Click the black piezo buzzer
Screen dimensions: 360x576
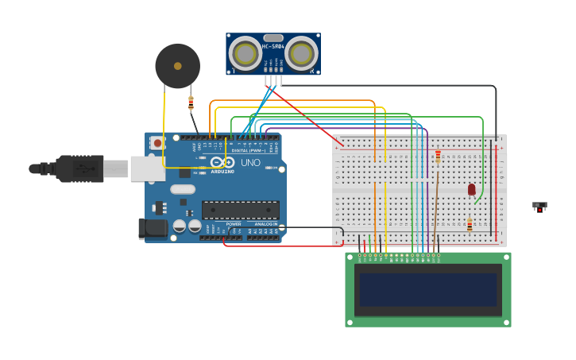point(177,66)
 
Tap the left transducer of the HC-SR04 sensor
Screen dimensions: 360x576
point(245,54)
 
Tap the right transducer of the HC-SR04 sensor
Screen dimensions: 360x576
point(301,54)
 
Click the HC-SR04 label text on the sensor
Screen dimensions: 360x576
point(273,47)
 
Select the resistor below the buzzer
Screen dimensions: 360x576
point(191,103)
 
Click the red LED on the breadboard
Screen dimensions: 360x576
point(471,189)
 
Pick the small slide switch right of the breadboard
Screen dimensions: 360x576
point(539,206)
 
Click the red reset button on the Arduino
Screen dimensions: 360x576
point(157,143)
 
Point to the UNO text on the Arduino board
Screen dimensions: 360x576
point(251,163)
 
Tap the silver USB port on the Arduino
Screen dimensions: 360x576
point(147,168)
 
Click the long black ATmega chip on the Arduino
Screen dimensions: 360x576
point(240,210)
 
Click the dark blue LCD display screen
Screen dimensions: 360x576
point(428,290)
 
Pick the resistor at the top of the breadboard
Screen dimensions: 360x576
point(438,157)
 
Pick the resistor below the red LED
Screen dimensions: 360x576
point(470,226)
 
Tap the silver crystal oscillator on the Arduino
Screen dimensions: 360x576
point(182,189)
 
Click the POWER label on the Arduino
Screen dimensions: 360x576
point(234,224)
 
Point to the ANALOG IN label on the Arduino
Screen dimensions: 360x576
point(265,224)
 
